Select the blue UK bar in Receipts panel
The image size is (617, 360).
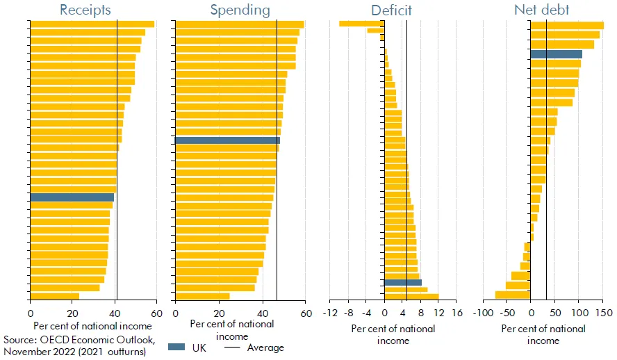pos(72,197)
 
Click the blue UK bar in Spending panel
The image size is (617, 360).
pos(227,140)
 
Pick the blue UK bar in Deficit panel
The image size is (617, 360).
pos(403,282)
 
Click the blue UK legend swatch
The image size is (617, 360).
pos(178,347)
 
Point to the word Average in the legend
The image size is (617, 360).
pos(266,347)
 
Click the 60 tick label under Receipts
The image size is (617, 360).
pos(158,313)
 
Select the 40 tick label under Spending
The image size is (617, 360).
pos(263,313)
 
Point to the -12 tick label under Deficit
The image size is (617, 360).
pos(330,313)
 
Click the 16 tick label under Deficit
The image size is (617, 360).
pos(456,313)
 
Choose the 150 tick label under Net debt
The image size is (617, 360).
pos(603,313)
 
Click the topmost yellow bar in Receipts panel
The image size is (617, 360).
pos(92,24)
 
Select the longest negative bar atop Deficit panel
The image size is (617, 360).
pos(361,24)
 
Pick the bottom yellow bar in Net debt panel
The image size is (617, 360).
pos(513,295)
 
